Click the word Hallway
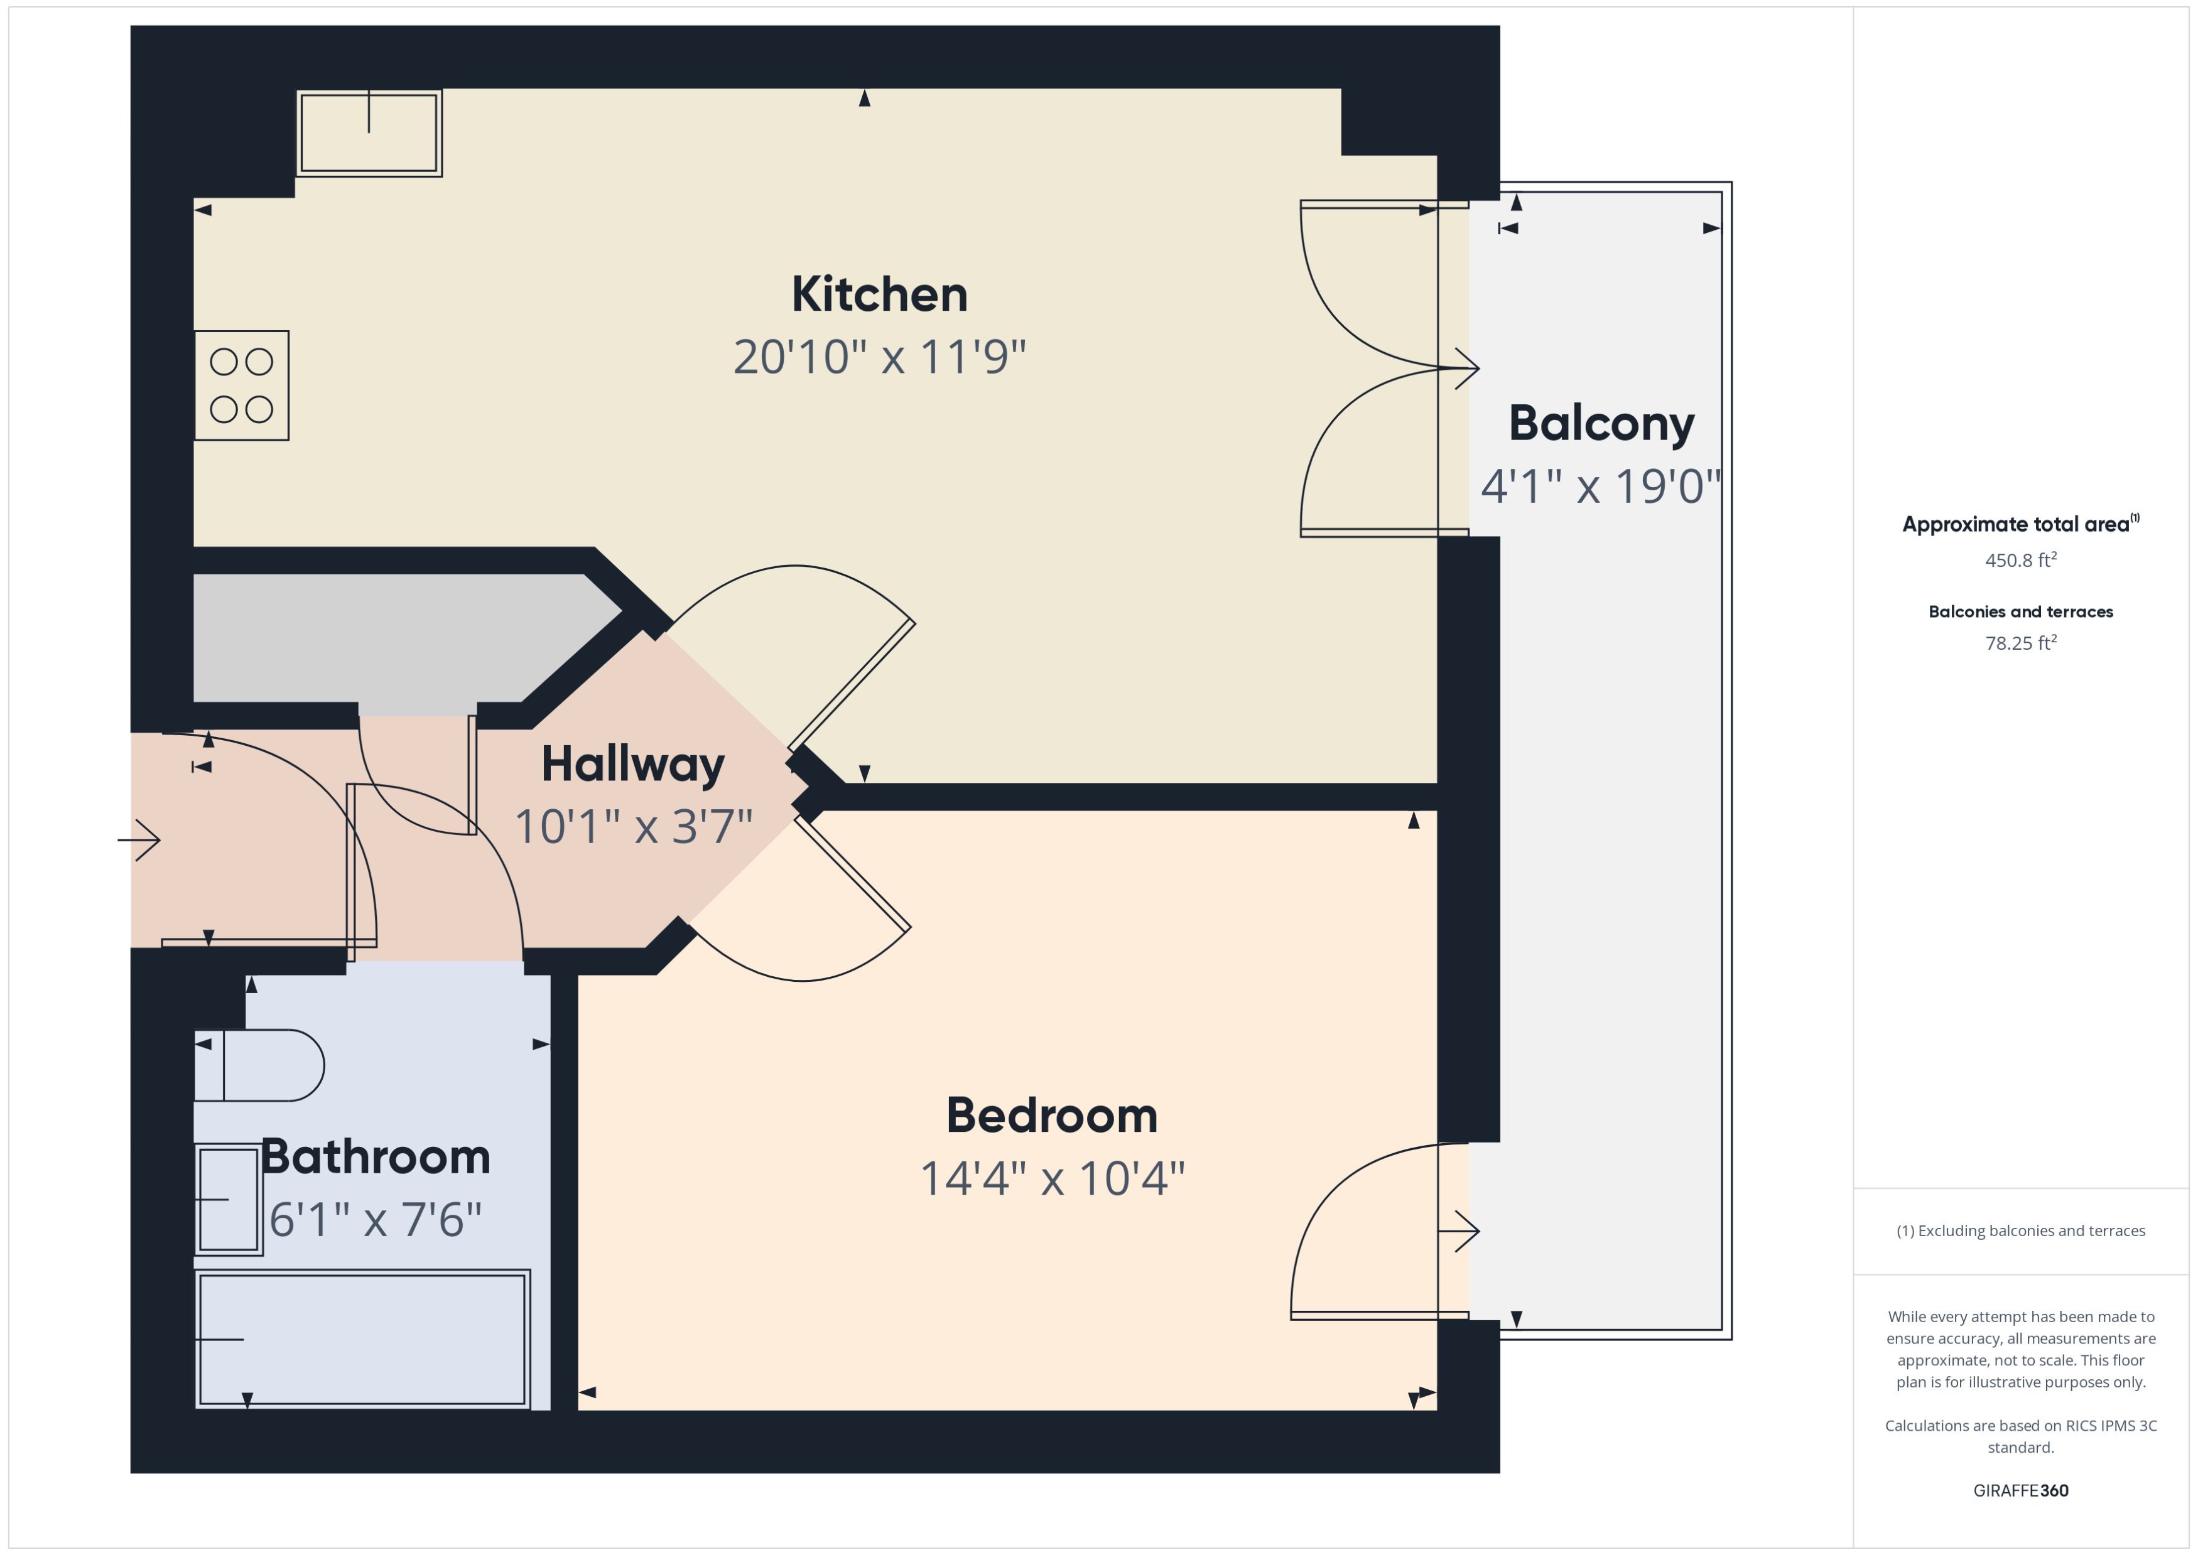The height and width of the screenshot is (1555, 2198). coord(632,764)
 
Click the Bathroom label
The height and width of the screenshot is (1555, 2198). coord(376,1156)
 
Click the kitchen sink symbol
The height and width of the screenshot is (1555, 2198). coord(369,133)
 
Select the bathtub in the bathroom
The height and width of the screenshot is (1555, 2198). coord(362,1338)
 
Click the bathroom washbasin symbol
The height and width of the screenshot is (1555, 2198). coord(228,1199)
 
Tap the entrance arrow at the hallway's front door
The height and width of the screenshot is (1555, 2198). coord(140,841)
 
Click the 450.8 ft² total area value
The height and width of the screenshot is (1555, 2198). coord(2020,560)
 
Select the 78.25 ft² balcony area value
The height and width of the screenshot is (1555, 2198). coord(2020,642)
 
